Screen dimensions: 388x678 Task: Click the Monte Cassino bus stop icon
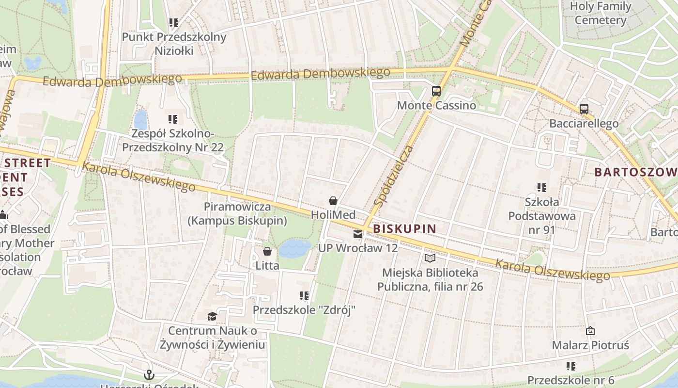436,91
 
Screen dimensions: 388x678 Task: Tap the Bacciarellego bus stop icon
584,109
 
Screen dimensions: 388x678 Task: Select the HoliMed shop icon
333,200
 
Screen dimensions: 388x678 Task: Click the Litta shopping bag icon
267,251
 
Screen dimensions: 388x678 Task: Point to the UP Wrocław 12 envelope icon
358,234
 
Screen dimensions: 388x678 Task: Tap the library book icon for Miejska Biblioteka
430,258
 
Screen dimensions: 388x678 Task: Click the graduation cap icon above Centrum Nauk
212,317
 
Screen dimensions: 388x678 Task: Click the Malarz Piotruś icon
590,331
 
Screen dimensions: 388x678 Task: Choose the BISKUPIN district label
405,228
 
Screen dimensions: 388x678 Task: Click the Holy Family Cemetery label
601,14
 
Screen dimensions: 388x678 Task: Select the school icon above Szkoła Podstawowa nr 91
541,187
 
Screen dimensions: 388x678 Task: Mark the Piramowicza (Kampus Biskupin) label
237,213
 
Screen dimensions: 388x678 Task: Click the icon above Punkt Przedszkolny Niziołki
174,22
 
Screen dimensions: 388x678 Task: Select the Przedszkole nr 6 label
570,380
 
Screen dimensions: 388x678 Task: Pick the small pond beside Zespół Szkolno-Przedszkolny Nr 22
140,119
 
